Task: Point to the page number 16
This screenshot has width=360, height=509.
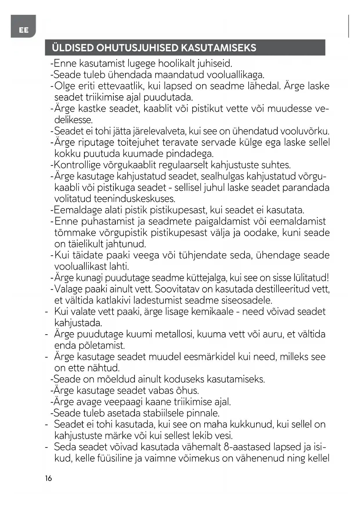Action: [x=48, y=478]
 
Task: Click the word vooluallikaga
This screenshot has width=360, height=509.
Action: [x=235, y=75]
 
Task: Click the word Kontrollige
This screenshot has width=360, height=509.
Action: [x=77, y=165]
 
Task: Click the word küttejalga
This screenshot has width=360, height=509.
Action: [x=198, y=278]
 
